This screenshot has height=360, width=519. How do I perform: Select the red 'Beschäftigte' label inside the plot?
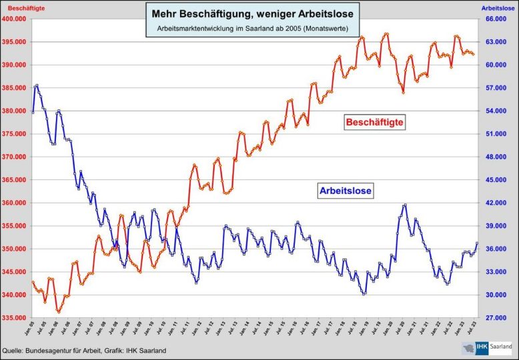375,123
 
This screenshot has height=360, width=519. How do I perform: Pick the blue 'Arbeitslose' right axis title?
499,7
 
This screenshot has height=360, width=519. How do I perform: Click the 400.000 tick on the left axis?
14,19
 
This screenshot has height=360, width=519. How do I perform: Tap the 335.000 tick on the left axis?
14,318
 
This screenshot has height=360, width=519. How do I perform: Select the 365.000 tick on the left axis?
14,180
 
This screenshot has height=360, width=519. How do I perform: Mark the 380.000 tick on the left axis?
14,111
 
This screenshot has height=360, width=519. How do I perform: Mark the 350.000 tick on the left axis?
14,249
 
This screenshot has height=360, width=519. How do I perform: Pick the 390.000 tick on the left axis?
14,65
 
